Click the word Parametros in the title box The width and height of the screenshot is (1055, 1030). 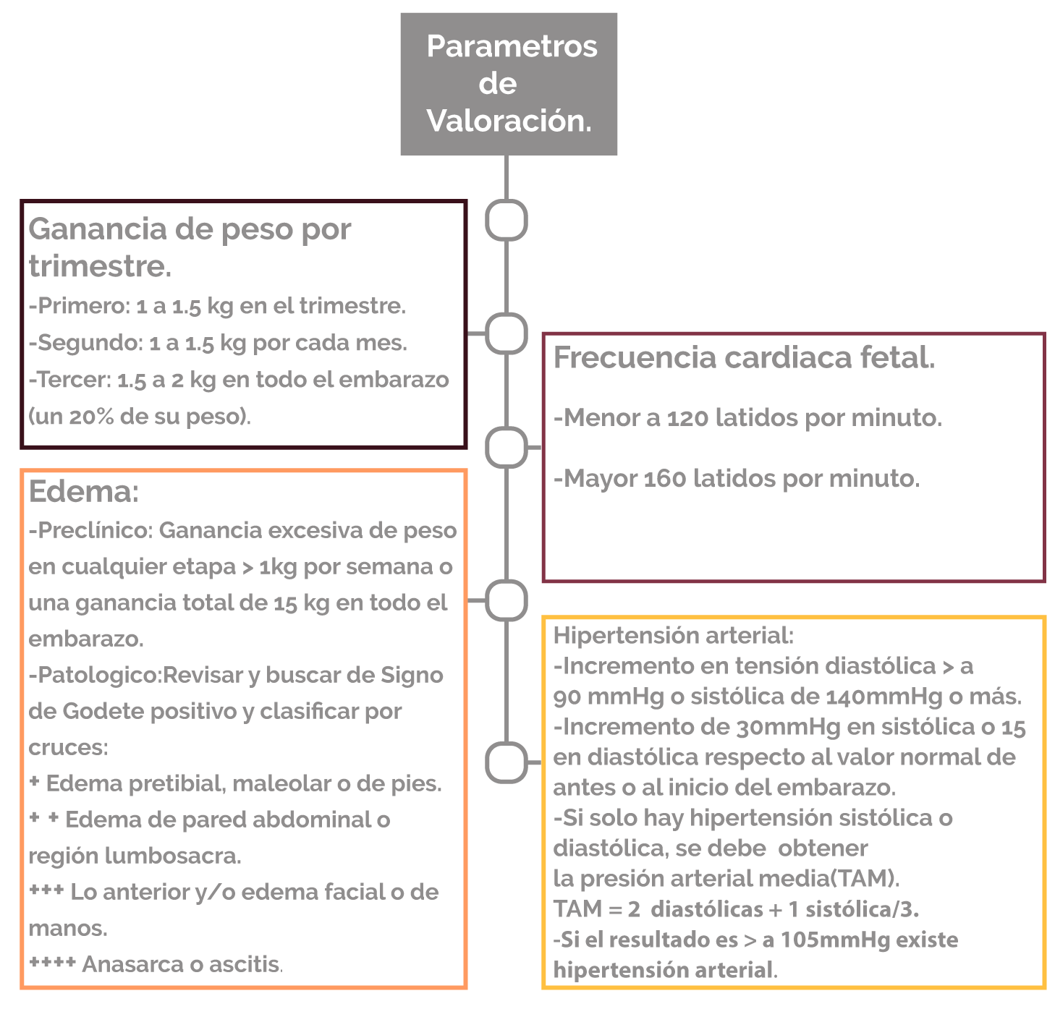point(512,46)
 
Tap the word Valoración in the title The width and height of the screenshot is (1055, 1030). point(505,120)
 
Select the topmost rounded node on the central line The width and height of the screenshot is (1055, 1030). point(506,220)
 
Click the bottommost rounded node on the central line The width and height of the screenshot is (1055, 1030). point(506,762)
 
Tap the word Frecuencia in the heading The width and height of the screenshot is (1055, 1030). point(634,357)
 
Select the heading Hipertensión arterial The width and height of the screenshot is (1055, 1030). point(673,636)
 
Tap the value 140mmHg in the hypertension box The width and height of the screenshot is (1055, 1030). point(884,697)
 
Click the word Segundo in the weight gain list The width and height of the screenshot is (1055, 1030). point(88,342)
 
